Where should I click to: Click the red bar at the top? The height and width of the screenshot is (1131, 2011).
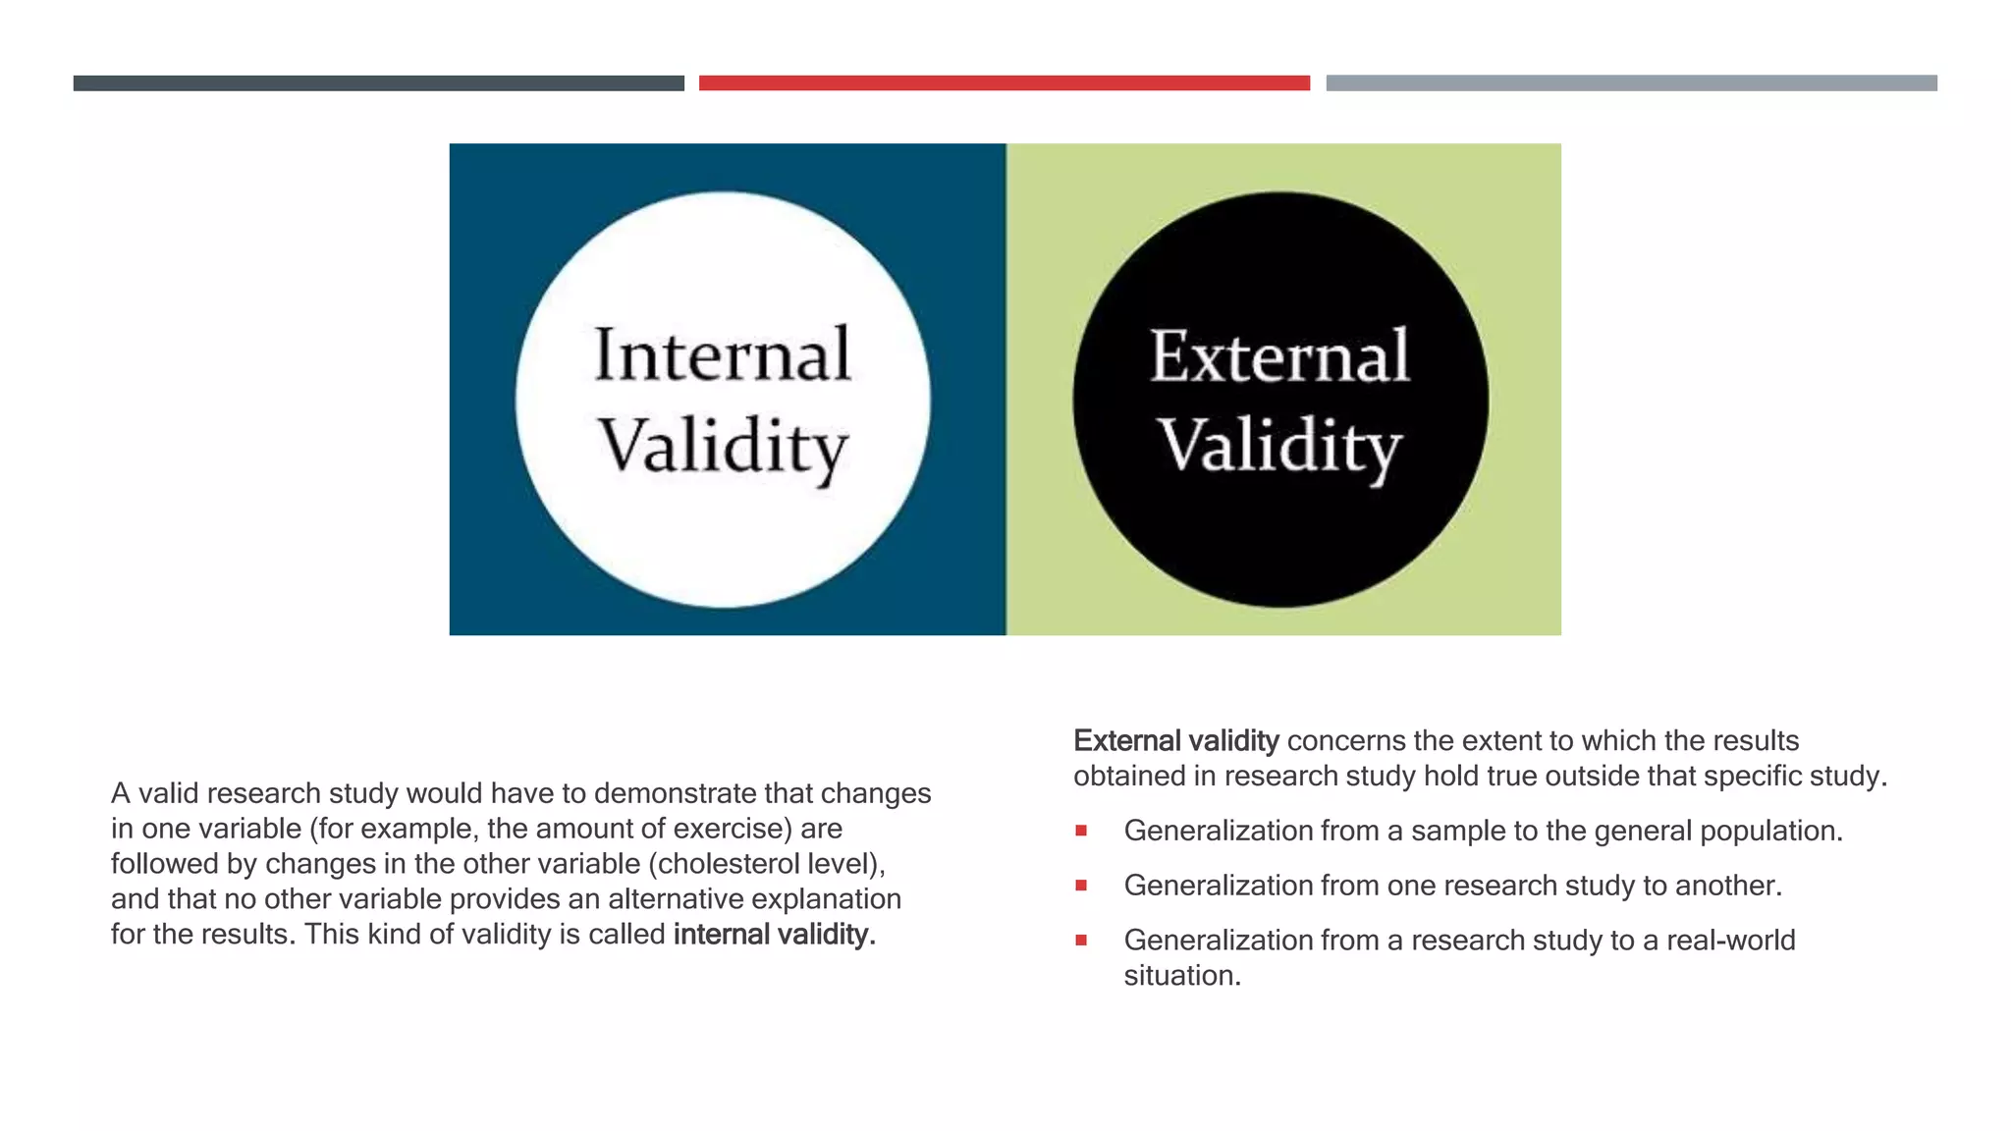pyautogui.click(x=1004, y=83)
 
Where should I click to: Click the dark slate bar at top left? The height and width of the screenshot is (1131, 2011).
pyautogui.click(x=378, y=83)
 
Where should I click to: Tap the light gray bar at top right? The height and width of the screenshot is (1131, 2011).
pyautogui.click(x=1631, y=83)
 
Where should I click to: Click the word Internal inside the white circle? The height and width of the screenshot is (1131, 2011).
pyautogui.click(x=722, y=354)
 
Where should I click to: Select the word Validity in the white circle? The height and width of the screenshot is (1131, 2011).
pyautogui.click(x=723, y=447)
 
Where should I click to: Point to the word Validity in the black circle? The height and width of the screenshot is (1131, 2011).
pyautogui.click(x=1279, y=447)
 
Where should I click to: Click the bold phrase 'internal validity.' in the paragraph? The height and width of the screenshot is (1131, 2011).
pyautogui.click(x=774, y=935)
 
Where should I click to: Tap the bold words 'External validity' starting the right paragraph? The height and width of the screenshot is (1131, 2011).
pyautogui.click(x=1175, y=741)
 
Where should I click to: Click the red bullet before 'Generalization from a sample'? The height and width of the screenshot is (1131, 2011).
pyautogui.click(x=1081, y=831)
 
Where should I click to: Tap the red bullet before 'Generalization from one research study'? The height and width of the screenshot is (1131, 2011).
pyautogui.click(x=1081, y=886)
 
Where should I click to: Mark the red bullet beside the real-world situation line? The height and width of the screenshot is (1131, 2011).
pyautogui.click(x=1081, y=941)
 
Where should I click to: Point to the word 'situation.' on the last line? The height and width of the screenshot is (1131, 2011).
pyautogui.click(x=1182, y=976)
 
